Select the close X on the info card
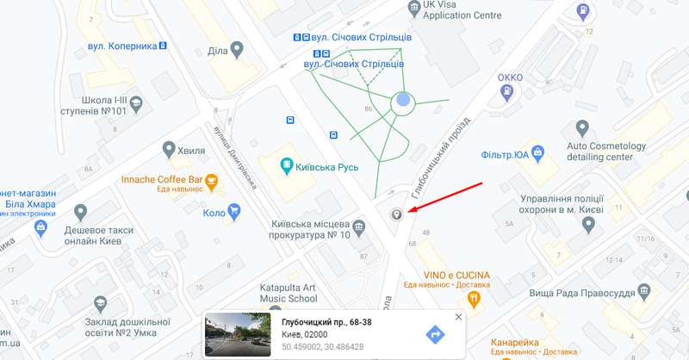coord(458,317)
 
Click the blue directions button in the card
coord(436,334)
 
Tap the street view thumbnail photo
coord(238,334)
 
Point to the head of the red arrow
coord(409,210)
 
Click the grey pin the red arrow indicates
coord(397,214)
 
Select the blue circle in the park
coord(403,103)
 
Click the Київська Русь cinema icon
coord(288,165)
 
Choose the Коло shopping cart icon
coord(233,212)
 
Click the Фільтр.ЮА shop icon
coord(538,155)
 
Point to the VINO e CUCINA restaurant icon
coord(473,299)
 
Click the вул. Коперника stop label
coord(120,45)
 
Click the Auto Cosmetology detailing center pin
coord(583,129)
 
